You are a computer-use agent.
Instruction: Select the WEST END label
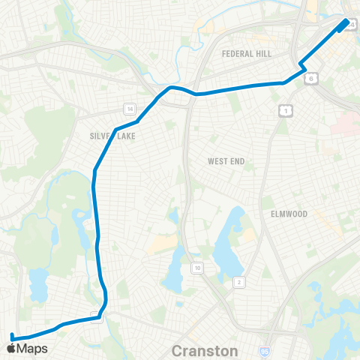click(x=228, y=161)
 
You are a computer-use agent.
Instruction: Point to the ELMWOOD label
click(x=289, y=214)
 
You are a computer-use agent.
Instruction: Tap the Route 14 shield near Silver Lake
click(x=130, y=109)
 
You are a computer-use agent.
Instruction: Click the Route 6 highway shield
click(x=311, y=76)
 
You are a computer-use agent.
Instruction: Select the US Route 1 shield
click(x=284, y=110)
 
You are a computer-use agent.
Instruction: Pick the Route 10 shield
click(x=197, y=268)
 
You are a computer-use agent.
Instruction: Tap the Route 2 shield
click(x=239, y=282)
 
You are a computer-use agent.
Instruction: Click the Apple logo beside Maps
click(x=11, y=349)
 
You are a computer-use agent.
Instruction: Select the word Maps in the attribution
click(x=32, y=349)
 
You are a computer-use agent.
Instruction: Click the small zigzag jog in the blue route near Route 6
click(x=302, y=66)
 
